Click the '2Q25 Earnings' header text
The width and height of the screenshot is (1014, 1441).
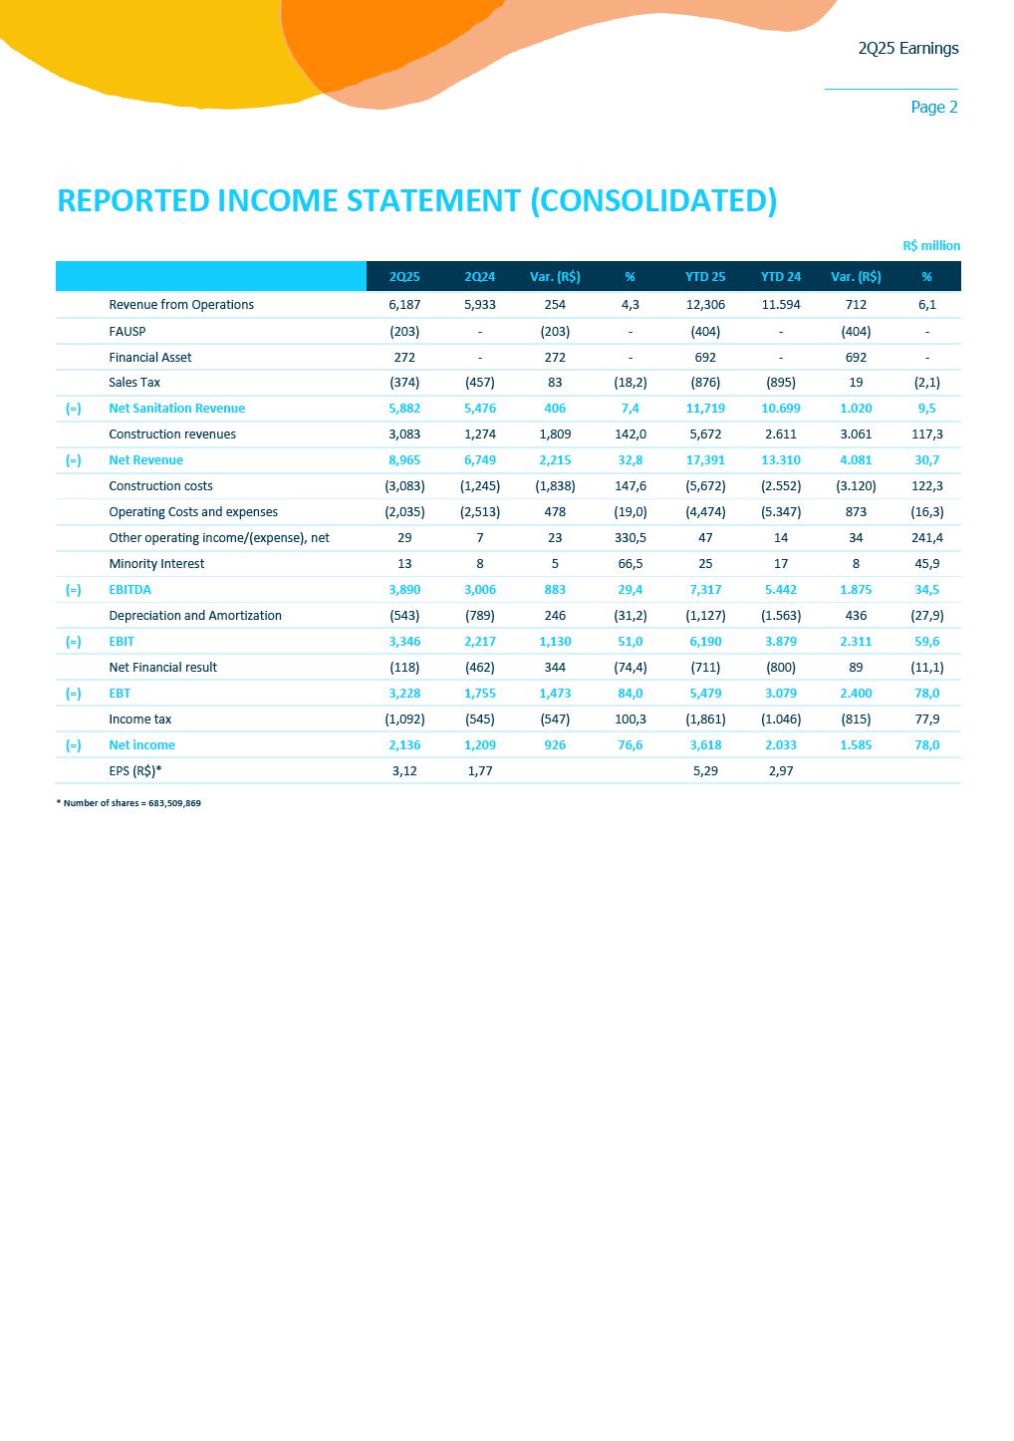(x=907, y=48)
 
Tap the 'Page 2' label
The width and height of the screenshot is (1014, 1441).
(x=933, y=107)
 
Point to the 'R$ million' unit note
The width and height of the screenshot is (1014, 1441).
(x=931, y=245)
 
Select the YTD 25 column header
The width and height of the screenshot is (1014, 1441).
(x=705, y=276)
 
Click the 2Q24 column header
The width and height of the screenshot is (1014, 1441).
(x=480, y=276)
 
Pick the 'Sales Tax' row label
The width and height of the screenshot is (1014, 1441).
(x=134, y=383)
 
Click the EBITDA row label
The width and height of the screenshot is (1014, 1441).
(x=130, y=590)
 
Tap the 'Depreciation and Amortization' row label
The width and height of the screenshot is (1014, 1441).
(x=195, y=616)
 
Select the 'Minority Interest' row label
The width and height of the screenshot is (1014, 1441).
(x=156, y=564)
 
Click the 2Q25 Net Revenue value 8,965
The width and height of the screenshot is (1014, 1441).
(x=404, y=460)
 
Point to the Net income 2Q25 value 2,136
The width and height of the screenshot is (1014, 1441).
(x=404, y=745)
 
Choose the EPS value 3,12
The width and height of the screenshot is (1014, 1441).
(x=404, y=771)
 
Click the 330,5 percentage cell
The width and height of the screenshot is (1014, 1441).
(x=631, y=538)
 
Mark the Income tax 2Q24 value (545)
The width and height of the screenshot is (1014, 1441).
(x=480, y=720)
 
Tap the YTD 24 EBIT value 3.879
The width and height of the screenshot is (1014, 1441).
(x=781, y=642)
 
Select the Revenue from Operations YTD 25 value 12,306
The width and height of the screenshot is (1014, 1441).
(x=705, y=305)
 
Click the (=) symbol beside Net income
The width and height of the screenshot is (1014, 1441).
(x=74, y=745)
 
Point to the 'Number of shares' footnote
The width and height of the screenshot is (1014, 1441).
(x=128, y=803)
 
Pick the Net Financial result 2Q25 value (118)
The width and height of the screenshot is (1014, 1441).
(x=404, y=668)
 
